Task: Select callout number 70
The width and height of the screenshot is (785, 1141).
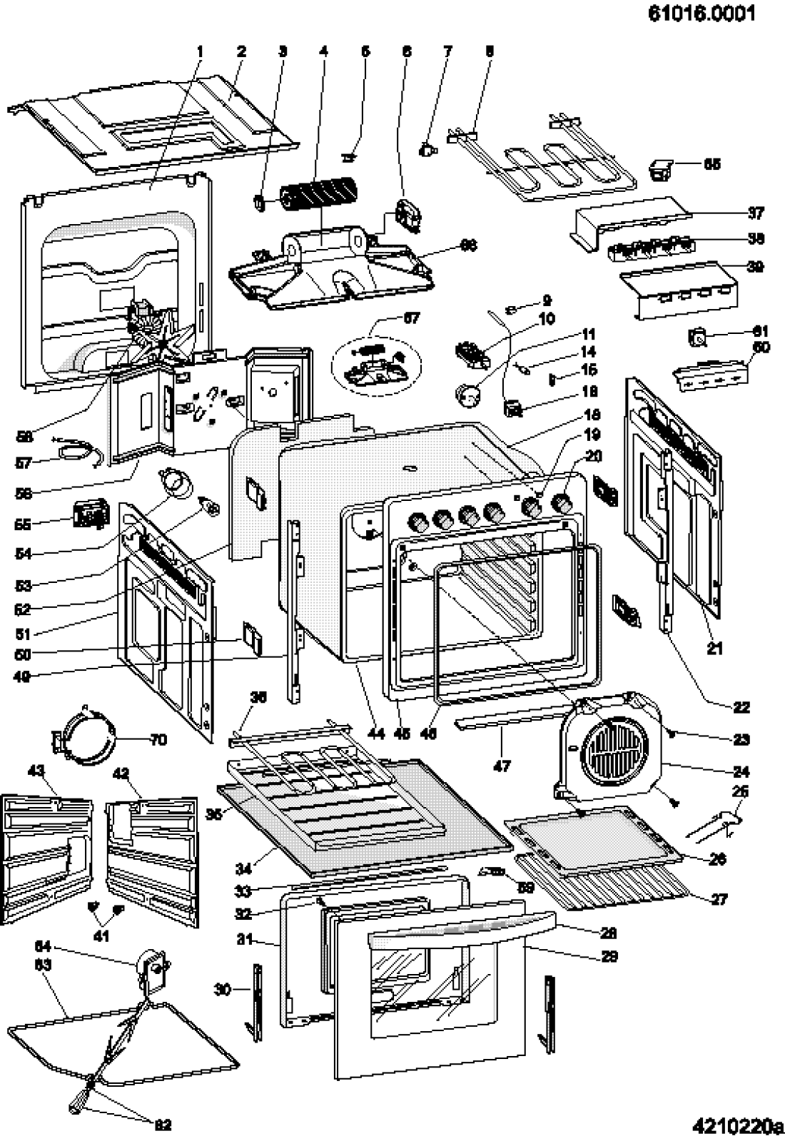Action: (158, 739)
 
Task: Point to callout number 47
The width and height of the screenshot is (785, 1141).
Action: (502, 766)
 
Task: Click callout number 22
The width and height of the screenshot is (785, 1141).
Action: (741, 707)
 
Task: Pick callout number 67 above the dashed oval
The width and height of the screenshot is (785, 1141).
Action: (411, 318)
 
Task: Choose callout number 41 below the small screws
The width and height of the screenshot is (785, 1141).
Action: (102, 936)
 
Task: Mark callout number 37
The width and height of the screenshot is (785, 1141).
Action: (755, 213)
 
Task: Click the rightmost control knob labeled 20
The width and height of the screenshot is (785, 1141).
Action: (564, 504)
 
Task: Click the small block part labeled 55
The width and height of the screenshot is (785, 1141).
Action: (90, 514)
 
